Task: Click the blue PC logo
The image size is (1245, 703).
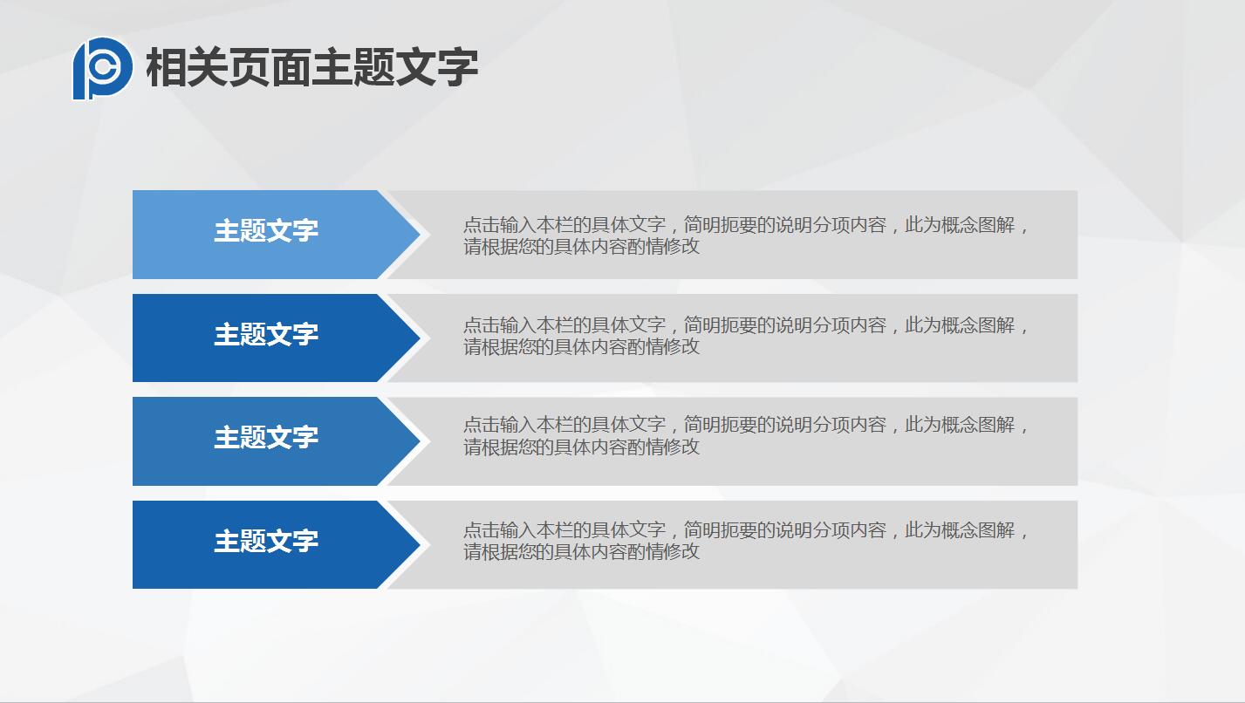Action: point(102,68)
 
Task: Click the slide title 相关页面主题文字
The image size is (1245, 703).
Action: point(311,68)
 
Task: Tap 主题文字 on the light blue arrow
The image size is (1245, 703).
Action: point(266,231)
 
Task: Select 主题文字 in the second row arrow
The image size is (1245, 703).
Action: point(266,335)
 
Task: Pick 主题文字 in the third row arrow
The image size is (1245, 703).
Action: point(266,438)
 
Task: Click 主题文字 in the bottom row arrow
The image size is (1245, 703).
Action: point(266,542)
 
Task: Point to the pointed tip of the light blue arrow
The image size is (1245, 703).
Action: point(417,235)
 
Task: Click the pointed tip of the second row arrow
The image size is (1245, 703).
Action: point(417,338)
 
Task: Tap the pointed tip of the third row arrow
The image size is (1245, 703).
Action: point(417,441)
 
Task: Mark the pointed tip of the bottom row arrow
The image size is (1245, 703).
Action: point(417,544)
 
